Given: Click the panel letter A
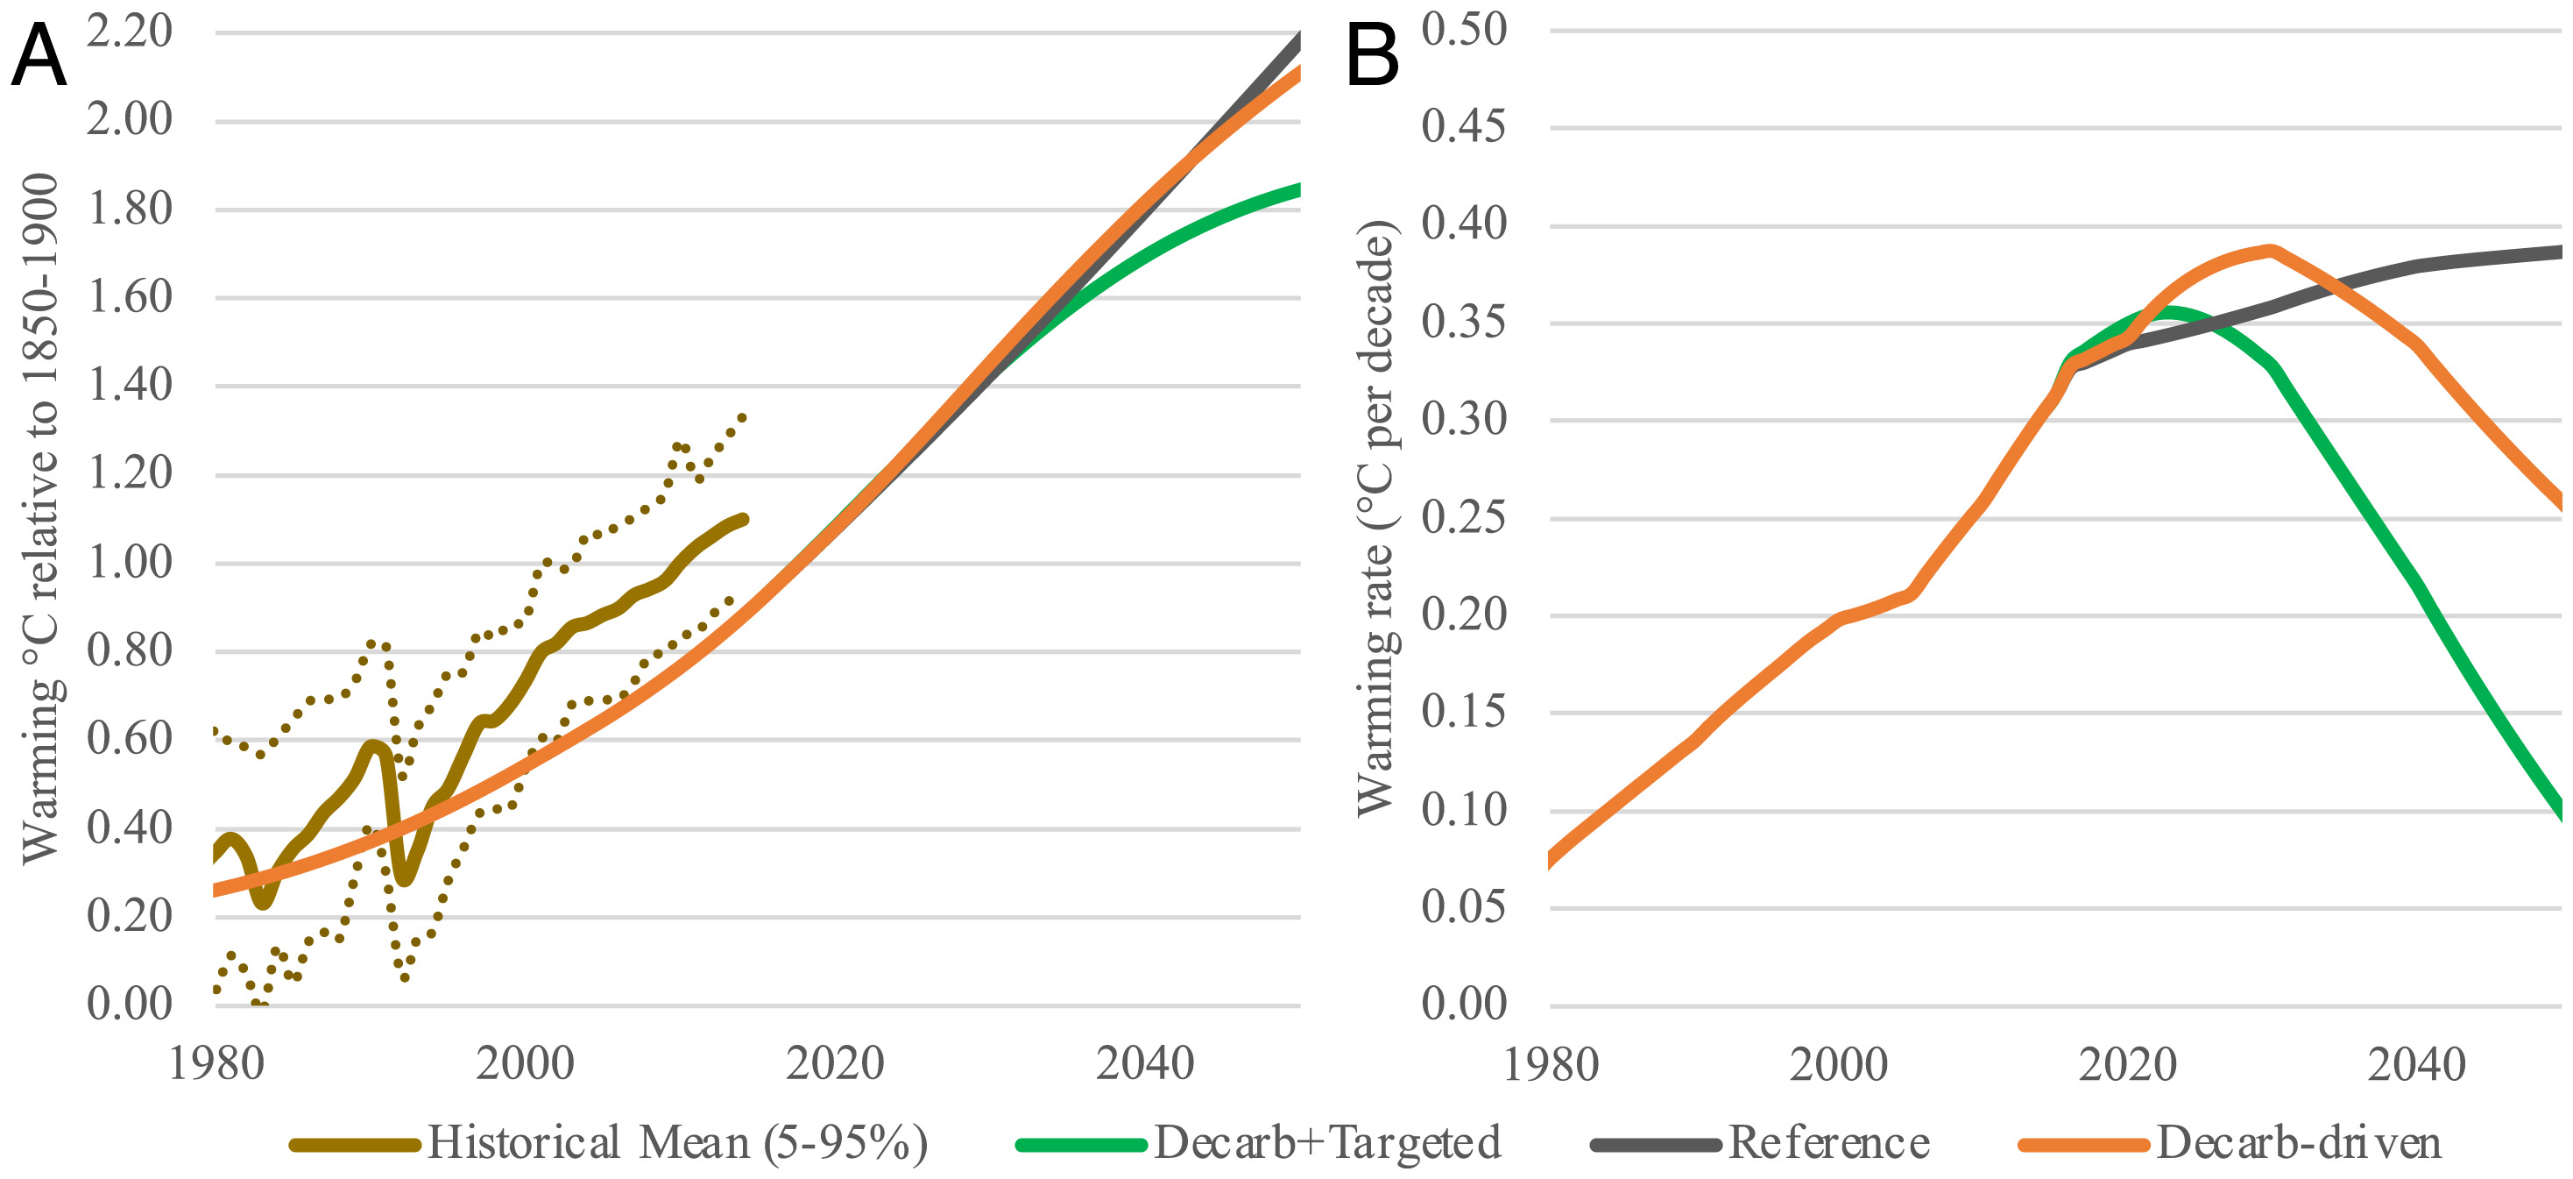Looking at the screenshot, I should (38, 57).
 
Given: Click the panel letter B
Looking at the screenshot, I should (1373, 57).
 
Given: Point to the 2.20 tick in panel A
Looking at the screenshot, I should (129, 32).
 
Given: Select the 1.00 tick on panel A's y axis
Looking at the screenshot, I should (129, 563).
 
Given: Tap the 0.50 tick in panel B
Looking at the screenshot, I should (1463, 30).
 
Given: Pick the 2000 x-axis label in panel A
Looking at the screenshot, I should (525, 1063).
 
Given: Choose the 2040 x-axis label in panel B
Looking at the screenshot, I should (2416, 1065).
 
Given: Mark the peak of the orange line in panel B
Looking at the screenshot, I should (2272, 250).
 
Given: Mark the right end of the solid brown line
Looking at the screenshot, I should (743, 520).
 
